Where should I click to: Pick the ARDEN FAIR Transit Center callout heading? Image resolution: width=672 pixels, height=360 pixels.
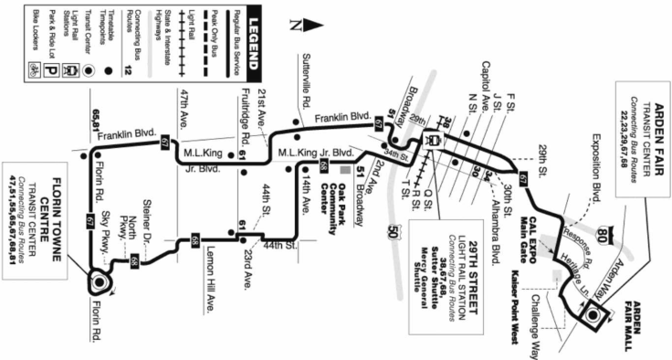[651, 106]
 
